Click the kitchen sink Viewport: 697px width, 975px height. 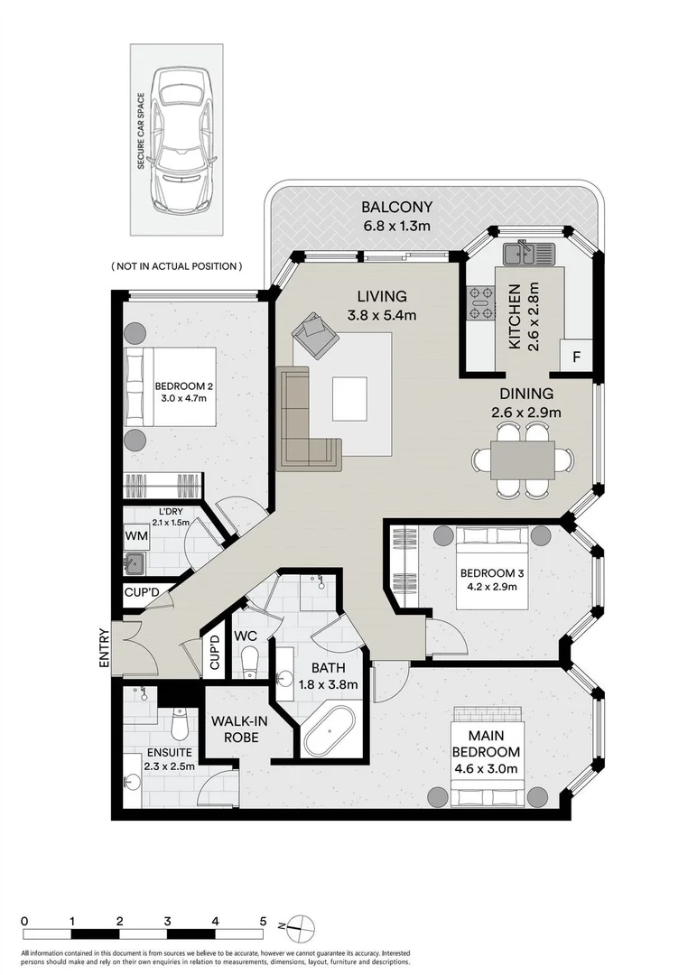click(530, 255)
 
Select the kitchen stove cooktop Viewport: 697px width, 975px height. click(480, 303)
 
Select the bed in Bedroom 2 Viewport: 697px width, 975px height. click(172, 386)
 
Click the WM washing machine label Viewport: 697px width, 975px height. click(136, 535)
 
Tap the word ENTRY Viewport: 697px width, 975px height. click(106, 647)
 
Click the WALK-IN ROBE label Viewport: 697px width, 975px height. click(236, 729)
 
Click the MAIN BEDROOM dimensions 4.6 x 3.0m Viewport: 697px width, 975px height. click(487, 769)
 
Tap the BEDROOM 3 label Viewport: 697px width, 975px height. click(488, 573)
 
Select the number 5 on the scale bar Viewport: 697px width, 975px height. click(263, 921)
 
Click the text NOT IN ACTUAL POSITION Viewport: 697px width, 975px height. click(177, 266)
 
